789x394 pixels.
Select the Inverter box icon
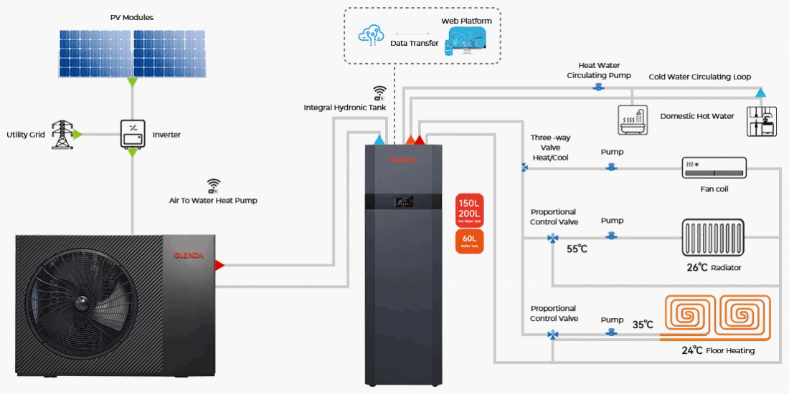tap(133, 134)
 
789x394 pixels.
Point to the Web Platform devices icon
tap(466, 42)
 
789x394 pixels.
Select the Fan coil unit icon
tap(713, 168)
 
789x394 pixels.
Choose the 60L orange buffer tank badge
tap(470, 241)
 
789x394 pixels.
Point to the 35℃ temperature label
tap(642, 325)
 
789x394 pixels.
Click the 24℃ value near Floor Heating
tap(692, 351)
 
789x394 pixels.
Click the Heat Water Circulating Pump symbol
tap(597, 87)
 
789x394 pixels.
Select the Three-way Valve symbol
tap(525, 168)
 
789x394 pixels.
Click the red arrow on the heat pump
tap(219, 264)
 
